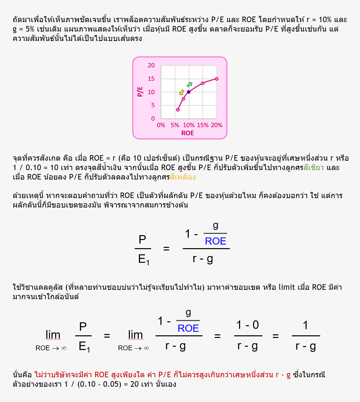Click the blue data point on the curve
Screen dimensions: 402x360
pos(189,92)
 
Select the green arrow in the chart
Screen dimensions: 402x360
pos(189,85)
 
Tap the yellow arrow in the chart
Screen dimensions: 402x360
pos(182,92)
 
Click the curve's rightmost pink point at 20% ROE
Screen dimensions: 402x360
pos(217,79)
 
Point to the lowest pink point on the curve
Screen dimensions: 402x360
pos(178,110)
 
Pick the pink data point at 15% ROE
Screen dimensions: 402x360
pos(203,83)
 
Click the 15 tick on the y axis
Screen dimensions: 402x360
pos(151,79)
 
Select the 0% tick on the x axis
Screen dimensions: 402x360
pos(161,125)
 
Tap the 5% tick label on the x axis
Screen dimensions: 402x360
pos(175,125)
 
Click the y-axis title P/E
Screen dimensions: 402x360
pos(140,91)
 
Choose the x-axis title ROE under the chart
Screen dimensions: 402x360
pos(187,133)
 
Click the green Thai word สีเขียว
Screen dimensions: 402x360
pos(314,167)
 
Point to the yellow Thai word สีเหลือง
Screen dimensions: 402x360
pos(183,177)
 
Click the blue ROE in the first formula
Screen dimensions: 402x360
pos(215,241)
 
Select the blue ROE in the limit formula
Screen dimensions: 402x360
pos(188,328)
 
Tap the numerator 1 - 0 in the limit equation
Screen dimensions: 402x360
pos(248,325)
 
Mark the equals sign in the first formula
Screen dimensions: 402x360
pos(166,249)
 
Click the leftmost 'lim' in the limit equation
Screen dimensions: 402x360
pos(53,335)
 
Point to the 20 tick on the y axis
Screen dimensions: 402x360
pos(151,65)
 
